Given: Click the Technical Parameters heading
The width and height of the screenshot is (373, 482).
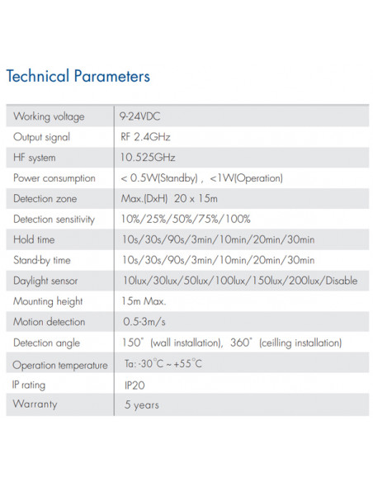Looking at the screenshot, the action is coord(78,77).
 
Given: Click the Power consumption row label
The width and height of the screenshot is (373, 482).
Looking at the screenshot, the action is coord(54,178).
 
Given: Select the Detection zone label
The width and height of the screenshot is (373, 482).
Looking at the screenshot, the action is coord(45,199).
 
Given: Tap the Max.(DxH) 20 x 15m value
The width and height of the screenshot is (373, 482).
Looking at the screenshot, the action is coord(170,199).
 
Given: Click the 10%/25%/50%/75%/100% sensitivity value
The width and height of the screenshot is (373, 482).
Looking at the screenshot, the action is coord(185,220).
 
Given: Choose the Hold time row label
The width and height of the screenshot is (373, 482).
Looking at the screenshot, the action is coord(35,240).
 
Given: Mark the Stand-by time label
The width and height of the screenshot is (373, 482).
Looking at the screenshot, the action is coord(42,261).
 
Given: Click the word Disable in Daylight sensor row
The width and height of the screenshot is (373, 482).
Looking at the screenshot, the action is coord(342,281).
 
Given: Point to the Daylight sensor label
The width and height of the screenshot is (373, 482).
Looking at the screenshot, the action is coord(46,281).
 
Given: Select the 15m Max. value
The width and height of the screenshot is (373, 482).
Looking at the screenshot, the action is coord(143,302).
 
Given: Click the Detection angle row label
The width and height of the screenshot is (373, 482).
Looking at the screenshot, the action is coord(48,343).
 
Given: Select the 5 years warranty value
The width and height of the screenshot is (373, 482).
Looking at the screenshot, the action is coord(141,405).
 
